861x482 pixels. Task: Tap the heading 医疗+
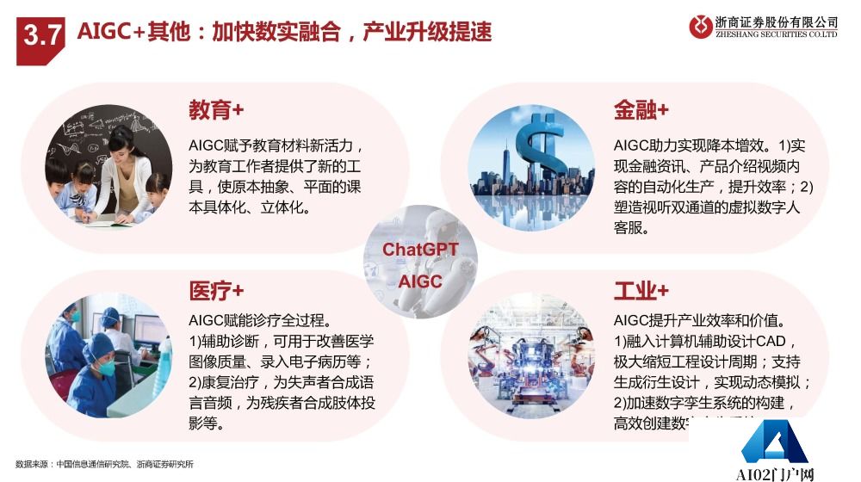216,290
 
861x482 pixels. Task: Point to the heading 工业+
641,290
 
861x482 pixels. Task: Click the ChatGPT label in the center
420,250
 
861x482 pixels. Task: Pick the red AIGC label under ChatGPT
420,281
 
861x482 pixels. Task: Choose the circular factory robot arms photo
531,356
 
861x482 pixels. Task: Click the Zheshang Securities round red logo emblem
701,27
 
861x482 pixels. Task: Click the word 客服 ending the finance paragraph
631,229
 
